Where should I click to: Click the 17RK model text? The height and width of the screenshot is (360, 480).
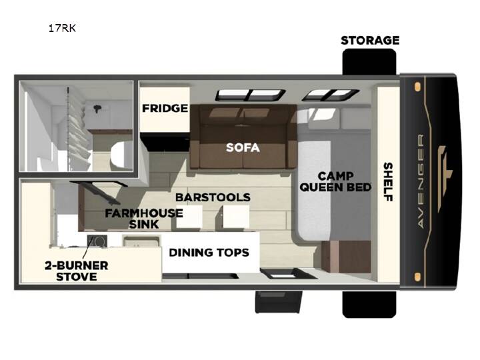click(62, 28)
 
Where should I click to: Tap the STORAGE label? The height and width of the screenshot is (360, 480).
click(370, 41)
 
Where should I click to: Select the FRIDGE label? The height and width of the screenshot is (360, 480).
click(165, 108)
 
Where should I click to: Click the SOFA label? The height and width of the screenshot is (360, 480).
click(243, 147)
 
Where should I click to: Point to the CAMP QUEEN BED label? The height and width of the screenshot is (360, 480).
click(335, 181)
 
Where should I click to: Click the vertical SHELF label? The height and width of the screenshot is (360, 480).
click(388, 182)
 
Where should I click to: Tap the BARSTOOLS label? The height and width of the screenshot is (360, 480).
click(213, 197)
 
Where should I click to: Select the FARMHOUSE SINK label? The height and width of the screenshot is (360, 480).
click(144, 219)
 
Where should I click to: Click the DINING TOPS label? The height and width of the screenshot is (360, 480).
click(209, 253)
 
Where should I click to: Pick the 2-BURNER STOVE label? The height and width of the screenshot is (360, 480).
click(77, 271)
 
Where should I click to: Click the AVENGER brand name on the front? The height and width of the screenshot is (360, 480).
click(421, 181)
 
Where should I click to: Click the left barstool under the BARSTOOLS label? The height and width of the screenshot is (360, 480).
click(189, 217)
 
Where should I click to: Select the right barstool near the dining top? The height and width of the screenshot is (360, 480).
click(236, 217)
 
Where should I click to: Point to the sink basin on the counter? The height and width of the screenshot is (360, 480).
click(141, 241)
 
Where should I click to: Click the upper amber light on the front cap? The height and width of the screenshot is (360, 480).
click(417, 87)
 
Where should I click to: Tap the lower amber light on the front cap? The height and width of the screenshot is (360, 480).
click(417, 277)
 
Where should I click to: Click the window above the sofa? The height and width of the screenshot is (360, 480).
click(251, 95)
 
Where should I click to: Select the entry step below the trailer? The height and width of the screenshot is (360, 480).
click(279, 302)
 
